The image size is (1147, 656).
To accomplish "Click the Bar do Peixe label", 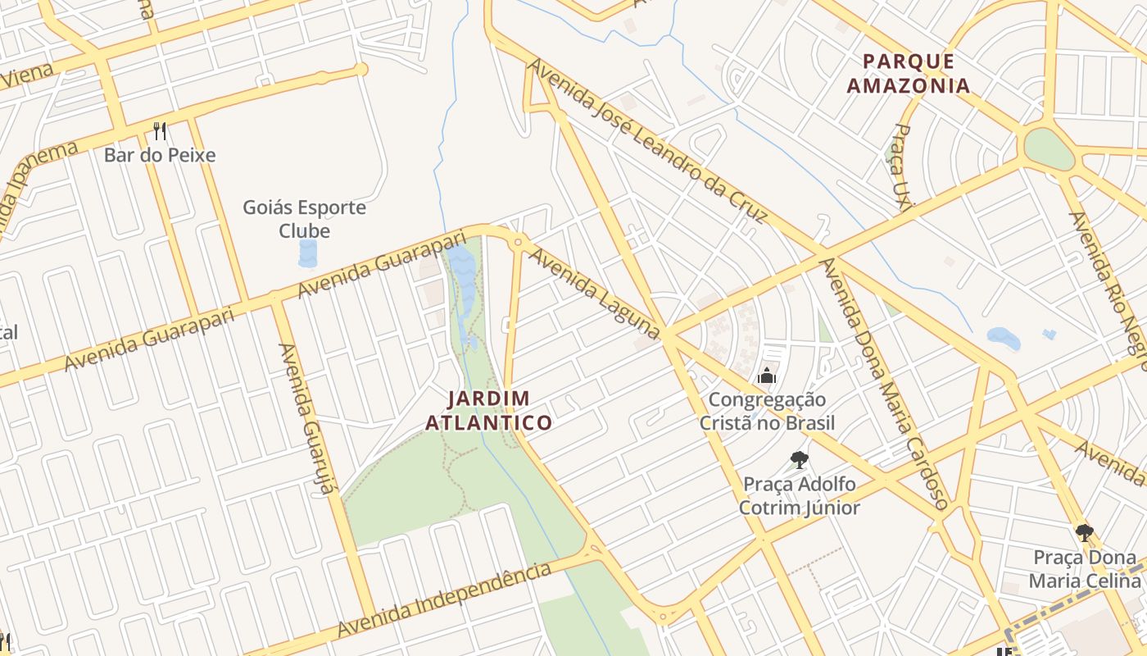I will coord(160,155).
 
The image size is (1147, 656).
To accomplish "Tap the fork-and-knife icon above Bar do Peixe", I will coord(160,131).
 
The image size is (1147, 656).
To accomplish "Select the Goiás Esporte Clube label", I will coord(304,219).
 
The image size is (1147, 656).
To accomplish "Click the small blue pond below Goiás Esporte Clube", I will coord(307,253).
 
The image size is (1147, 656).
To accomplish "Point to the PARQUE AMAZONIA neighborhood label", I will coord(908,73).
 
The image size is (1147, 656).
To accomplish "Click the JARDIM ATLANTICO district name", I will coord(499,411).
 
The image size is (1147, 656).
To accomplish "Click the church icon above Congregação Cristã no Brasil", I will coord(767,376).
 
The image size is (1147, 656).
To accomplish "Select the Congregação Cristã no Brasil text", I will coord(767,412).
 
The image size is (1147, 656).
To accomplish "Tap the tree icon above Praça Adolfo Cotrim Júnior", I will coord(800,460).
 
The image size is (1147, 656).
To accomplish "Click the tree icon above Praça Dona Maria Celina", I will coord(1085,534).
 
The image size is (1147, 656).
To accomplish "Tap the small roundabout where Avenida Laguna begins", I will coord(518,242).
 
